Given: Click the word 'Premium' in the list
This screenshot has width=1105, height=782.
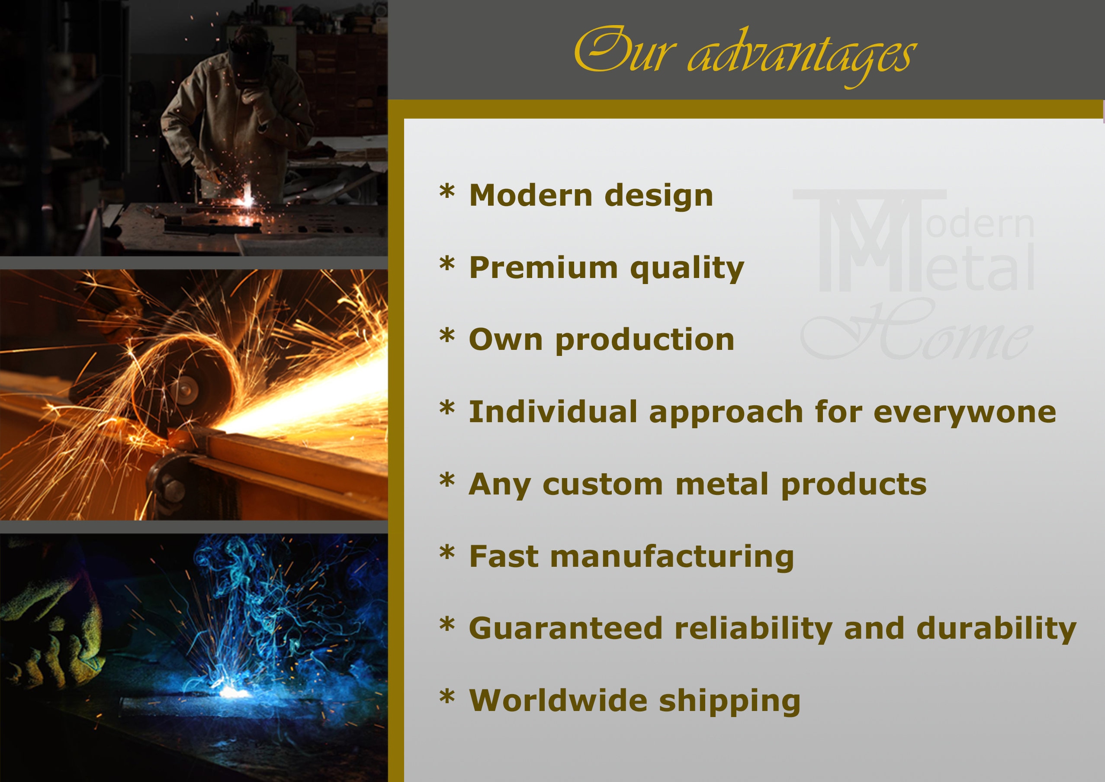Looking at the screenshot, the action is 543,268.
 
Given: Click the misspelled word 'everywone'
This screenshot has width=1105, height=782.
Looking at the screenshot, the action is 964,413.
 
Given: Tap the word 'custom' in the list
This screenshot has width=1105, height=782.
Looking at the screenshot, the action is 603,485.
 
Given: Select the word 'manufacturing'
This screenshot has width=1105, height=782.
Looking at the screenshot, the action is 672,558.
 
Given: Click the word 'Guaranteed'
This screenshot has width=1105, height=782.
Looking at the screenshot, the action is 566,629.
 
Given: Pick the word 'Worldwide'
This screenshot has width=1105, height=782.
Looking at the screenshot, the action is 558,701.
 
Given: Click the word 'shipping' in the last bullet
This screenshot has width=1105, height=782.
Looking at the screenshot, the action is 729,702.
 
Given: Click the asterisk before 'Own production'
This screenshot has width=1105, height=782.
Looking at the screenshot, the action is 447,336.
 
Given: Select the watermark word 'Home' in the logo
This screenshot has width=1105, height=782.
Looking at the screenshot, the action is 917,330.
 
